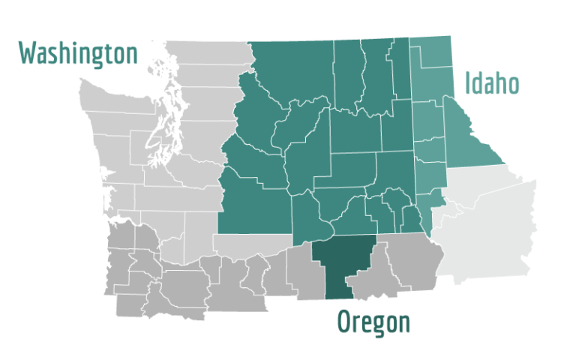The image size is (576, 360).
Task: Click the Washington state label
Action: (x=78, y=53)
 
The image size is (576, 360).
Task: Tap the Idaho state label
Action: (x=491, y=82)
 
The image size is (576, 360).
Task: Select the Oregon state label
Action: (x=373, y=322)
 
